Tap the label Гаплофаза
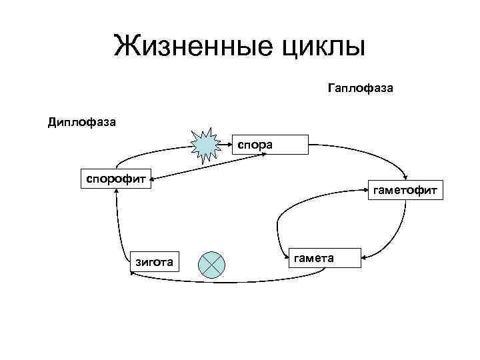tap(361, 87)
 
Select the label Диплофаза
tap(82, 121)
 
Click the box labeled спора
tap(270, 144)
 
